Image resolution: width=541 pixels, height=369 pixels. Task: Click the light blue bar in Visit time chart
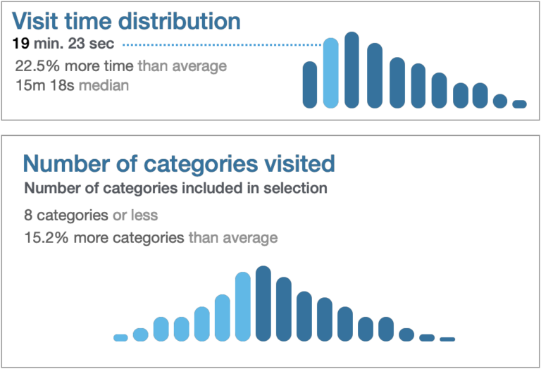click(330, 73)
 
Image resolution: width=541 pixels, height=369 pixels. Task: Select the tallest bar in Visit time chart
click(352, 70)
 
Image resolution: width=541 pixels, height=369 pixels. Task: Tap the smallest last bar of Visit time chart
click(519, 104)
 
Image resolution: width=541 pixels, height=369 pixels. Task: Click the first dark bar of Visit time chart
click(309, 85)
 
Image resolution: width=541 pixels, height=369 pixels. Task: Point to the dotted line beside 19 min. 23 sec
click(223, 45)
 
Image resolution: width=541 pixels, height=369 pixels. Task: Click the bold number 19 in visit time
click(20, 44)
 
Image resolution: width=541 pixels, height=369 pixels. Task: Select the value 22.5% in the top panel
click(37, 66)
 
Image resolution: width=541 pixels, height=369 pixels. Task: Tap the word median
click(104, 85)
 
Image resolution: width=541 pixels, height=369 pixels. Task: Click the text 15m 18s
click(45, 85)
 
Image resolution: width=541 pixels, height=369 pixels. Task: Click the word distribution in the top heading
click(180, 20)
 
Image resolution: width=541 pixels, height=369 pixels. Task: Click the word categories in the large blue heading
click(201, 164)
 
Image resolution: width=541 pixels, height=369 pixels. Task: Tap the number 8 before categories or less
click(28, 215)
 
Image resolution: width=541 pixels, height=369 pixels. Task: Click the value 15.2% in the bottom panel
click(46, 237)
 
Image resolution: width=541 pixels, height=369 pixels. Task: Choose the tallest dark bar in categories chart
click(263, 304)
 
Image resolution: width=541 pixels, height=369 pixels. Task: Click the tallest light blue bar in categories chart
click(243, 306)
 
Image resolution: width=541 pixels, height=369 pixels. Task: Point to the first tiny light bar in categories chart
click(120, 338)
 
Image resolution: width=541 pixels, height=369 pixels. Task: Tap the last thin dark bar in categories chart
click(447, 339)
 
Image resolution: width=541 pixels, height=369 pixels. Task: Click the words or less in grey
click(135, 215)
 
